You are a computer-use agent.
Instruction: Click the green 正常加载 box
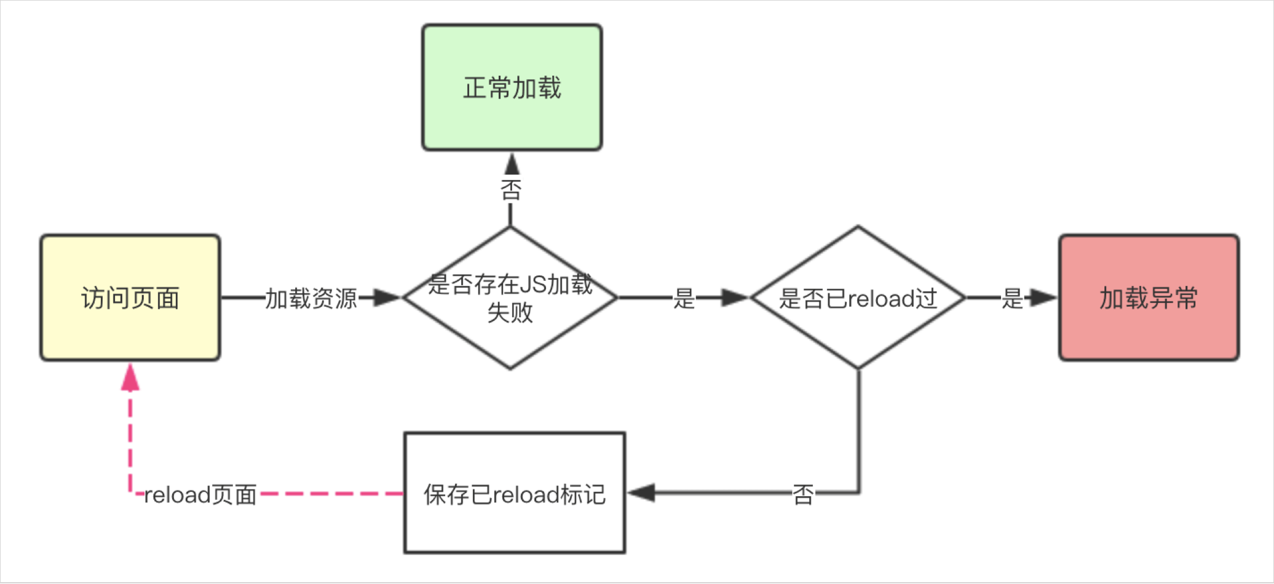(x=512, y=87)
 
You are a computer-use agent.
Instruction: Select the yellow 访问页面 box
(x=130, y=298)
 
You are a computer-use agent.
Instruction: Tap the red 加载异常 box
(x=1149, y=298)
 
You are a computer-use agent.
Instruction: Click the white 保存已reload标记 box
(x=515, y=493)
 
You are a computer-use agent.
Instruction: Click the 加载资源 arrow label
(x=311, y=298)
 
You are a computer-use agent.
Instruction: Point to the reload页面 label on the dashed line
(x=200, y=494)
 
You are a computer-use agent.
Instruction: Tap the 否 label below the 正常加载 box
(x=510, y=189)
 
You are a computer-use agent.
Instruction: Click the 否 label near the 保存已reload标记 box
(x=803, y=494)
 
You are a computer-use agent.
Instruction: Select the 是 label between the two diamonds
(x=684, y=298)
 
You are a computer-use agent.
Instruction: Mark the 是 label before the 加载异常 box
(x=1012, y=298)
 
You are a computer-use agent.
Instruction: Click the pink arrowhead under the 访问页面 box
(x=130, y=376)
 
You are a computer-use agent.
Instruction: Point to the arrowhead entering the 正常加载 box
(x=512, y=164)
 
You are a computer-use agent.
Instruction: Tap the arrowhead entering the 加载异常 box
(x=1043, y=298)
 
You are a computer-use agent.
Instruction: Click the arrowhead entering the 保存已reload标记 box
(x=641, y=492)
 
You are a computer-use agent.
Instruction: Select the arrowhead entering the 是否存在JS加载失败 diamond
(x=387, y=298)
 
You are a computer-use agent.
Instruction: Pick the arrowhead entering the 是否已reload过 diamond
(x=735, y=298)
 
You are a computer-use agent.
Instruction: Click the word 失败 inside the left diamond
(x=510, y=312)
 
